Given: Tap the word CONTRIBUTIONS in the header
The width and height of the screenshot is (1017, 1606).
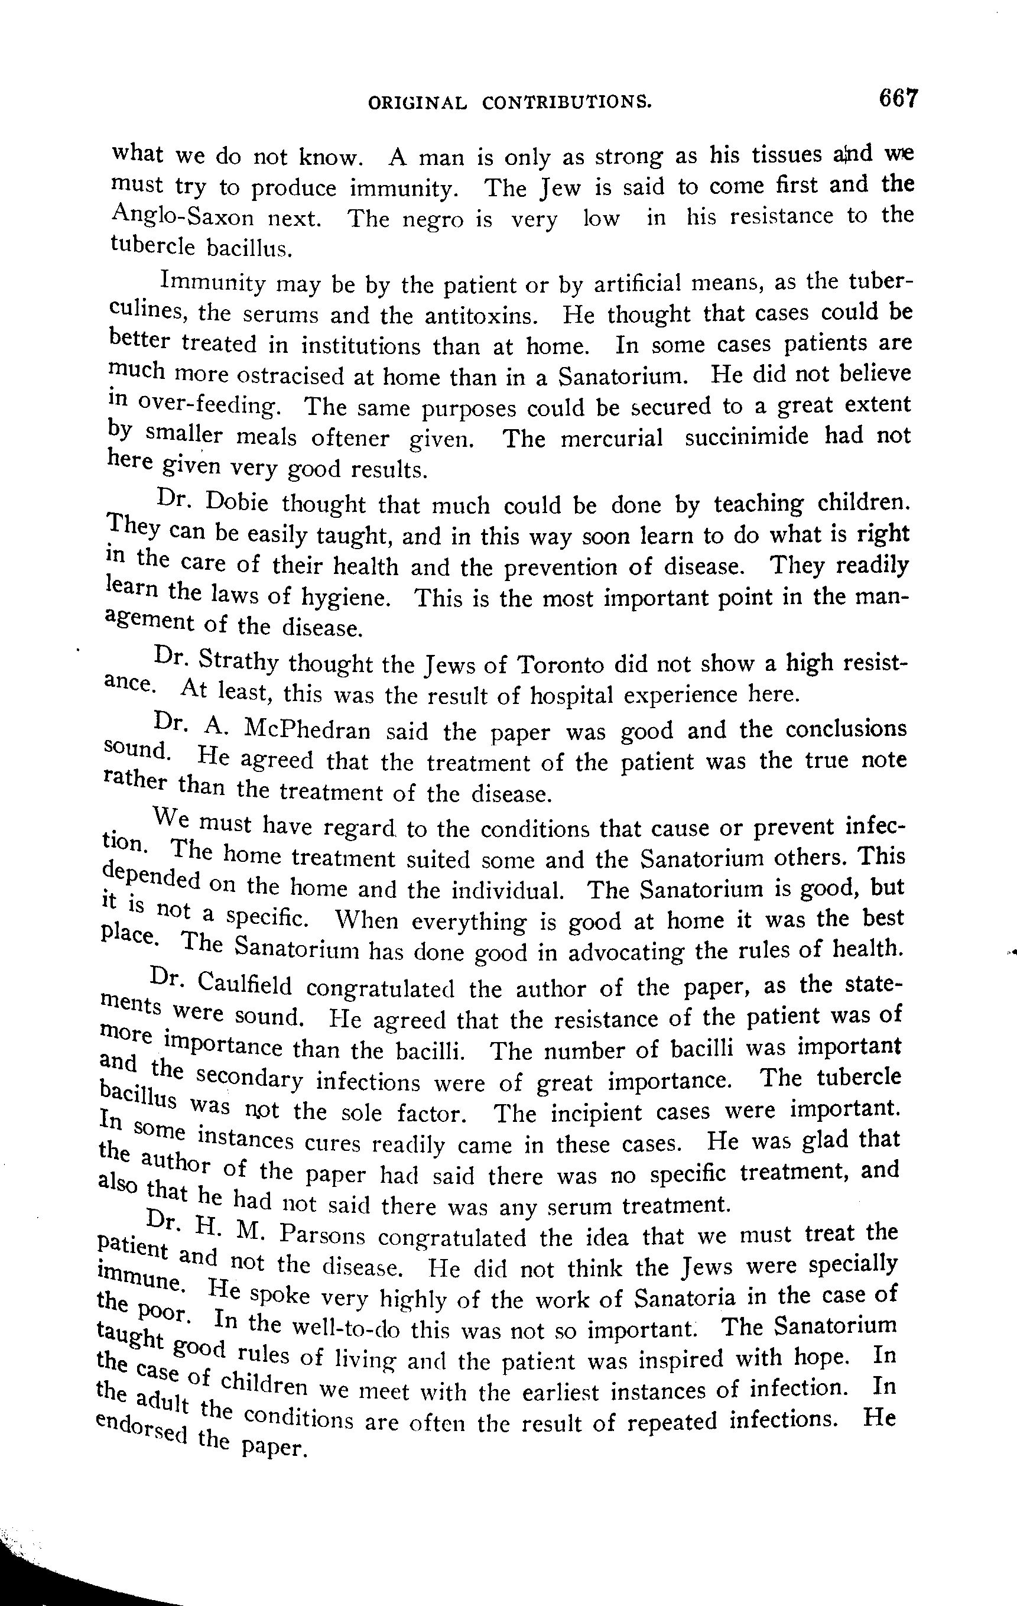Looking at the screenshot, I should point(566,102).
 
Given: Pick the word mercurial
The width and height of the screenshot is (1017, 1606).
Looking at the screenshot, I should point(612,438).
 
